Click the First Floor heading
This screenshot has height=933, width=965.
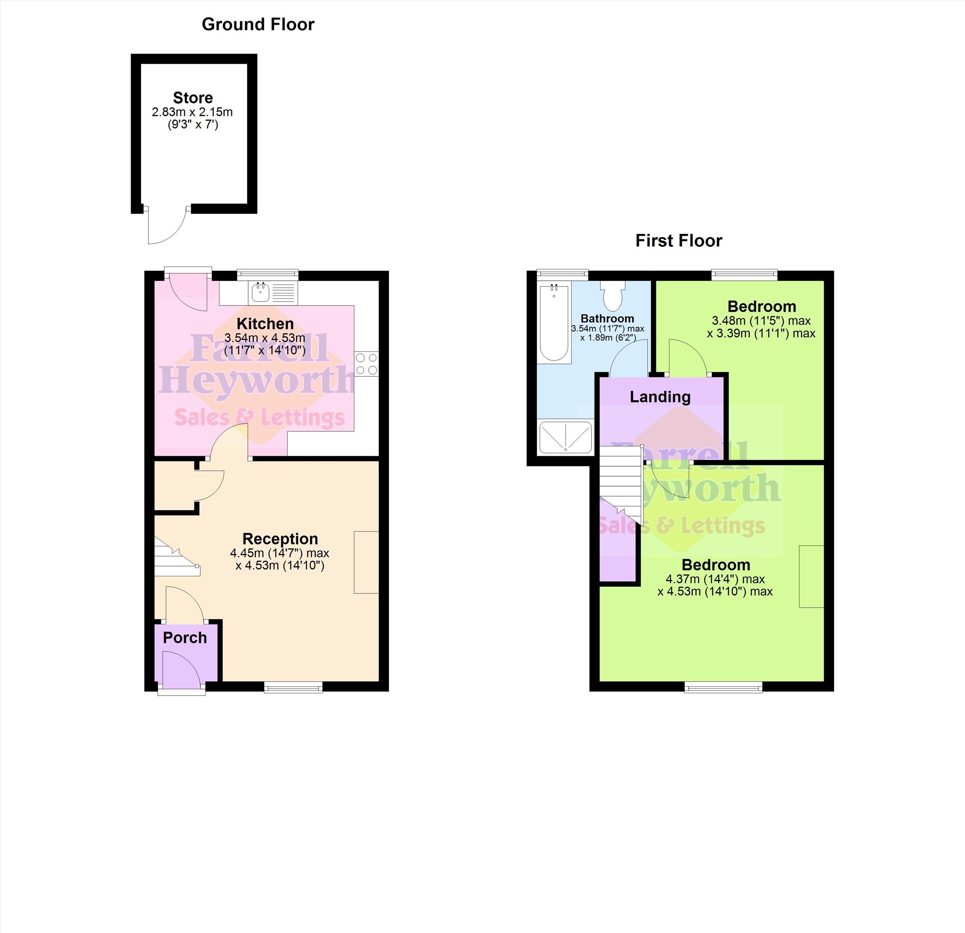click(x=678, y=241)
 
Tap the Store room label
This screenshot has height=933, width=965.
click(x=193, y=97)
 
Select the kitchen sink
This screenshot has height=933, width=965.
click(x=260, y=293)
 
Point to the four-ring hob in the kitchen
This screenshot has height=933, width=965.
click(x=366, y=363)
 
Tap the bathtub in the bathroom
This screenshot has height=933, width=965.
click(x=554, y=322)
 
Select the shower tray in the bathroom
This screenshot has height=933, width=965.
click(x=566, y=437)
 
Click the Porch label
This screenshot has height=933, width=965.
click(x=185, y=638)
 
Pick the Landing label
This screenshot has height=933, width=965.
click(x=660, y=397)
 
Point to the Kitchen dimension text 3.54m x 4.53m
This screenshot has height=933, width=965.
click(x=265, y=338)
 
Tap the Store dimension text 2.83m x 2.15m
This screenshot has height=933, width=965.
click(x=192, y=112)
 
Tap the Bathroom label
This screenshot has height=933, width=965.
click(x=607, y=319)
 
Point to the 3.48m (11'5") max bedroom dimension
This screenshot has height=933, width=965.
click(x=761, y=321)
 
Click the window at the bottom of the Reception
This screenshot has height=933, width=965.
click(x=293, y=687)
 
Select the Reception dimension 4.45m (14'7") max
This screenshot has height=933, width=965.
click(x=280, y=553)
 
